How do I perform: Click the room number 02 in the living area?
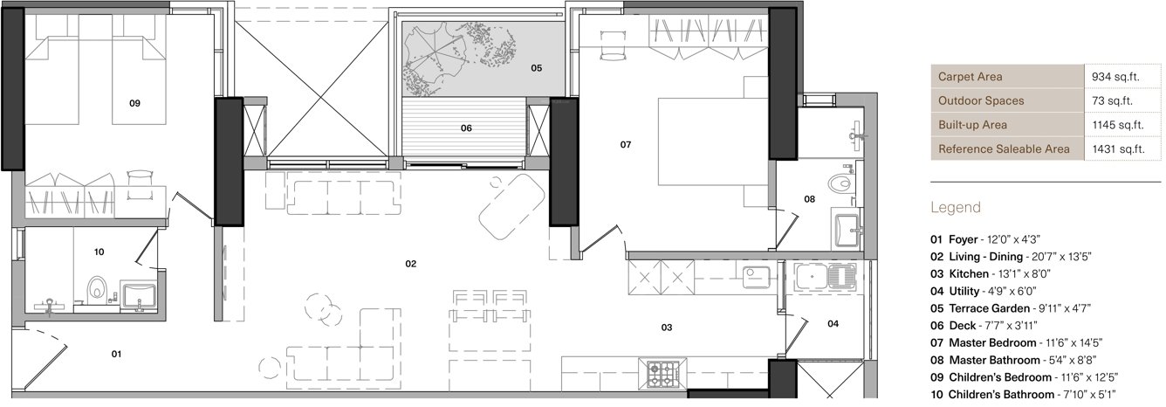[x=409, y=263]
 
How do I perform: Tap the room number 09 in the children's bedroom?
[x=134, y=103]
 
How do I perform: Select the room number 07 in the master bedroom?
[x=625, y=144]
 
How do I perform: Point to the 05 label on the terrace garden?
[x=536, y=67]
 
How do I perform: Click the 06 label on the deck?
[x=466, y=128]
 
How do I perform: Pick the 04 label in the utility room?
[x=833, y=324]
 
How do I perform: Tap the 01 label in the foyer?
[x=115, y=354]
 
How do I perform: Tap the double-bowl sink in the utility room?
[x=825, y=278]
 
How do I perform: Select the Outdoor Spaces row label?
[x=980, y=101]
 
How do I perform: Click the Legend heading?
[x=955, y=208]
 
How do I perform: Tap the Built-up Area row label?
[x=971, y=125]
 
